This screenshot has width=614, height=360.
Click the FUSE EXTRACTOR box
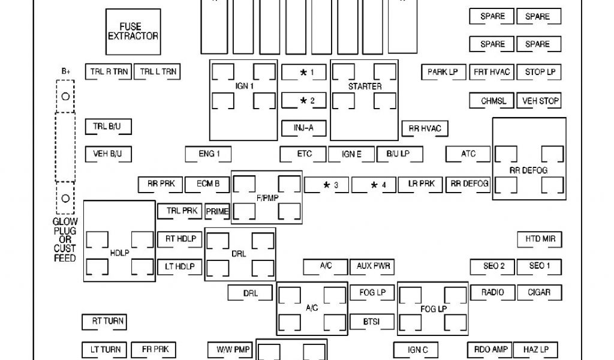[133, 31]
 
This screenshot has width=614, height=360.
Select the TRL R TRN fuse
[109, 72]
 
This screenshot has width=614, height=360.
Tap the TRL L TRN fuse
[158, 72]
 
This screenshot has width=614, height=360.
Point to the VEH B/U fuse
[108, 154]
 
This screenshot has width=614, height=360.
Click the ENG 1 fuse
[207, 154]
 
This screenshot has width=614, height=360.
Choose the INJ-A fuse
[303, 128]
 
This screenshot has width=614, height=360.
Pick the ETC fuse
[303, 154]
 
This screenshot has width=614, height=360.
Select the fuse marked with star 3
[327, 185]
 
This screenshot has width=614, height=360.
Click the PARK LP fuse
[443, 72]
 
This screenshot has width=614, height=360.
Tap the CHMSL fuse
[493, 101]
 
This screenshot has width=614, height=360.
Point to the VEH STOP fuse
[540, 101]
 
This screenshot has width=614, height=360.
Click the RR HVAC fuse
[425, 128]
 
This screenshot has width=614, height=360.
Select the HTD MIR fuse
[540, 239]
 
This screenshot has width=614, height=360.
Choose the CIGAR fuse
[540, 293]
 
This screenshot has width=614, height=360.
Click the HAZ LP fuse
[540, 349]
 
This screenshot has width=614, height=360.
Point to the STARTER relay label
[365, 87]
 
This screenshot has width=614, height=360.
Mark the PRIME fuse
[217, 211]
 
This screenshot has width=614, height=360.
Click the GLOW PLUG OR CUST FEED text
[65, 240]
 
